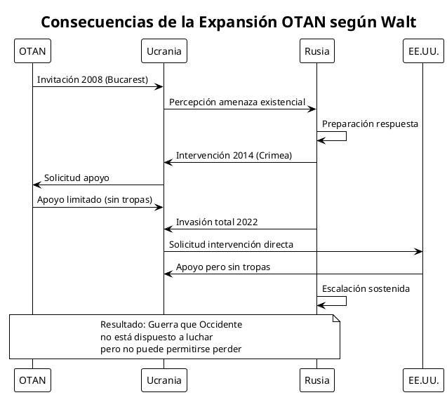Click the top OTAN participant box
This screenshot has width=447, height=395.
point(32,51)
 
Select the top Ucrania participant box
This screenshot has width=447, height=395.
point(164,51)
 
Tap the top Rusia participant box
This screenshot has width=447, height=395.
point(316,51)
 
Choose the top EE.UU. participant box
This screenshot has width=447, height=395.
point(423,51)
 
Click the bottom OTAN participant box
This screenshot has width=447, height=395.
point(32,380)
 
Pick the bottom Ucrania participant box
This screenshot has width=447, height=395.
point(164,380)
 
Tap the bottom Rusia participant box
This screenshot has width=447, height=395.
point(316,380)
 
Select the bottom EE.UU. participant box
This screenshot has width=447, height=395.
point(423,380)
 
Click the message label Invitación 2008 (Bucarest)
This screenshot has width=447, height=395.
point(93,79)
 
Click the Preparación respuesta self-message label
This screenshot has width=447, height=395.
point(370,124)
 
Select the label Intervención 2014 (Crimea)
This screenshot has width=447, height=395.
point(234,155)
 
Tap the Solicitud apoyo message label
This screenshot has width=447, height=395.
point(76,178)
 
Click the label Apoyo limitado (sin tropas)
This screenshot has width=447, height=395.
point(95,200)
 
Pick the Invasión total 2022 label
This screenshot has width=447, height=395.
point(216,222)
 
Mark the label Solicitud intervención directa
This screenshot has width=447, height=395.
point(231,245)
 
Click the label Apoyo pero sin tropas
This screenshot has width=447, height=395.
point(223,267)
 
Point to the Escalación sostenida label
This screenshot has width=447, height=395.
point(366,288)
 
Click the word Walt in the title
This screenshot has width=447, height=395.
point(398,22)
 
